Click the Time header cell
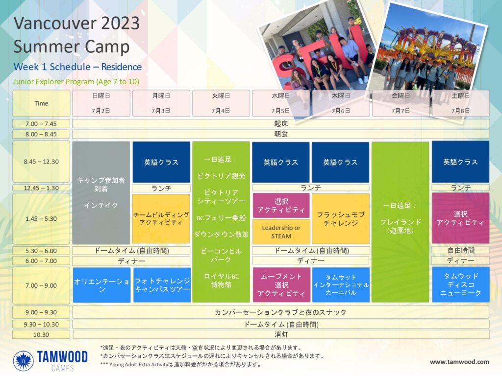click(41, 103)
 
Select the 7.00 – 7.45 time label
click(41, 124)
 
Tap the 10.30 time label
click(41, 335)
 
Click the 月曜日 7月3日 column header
click(161, 103)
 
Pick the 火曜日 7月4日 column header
click(221, 103)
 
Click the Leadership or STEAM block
click(281, 232)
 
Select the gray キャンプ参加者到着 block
click(101, 193)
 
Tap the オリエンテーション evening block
click(101, 285)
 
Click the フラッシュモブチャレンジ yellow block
click(341, 219)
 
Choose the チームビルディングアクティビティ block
click(161, 219)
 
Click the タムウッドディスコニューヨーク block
click(461, 284)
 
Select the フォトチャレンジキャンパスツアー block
click(162, 285)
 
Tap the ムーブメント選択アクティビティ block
click(281, 285)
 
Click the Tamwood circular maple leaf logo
click(24, 361)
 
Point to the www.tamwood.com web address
click(459, 362)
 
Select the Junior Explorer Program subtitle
click(76, 82)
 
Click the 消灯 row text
click(281, 335)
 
